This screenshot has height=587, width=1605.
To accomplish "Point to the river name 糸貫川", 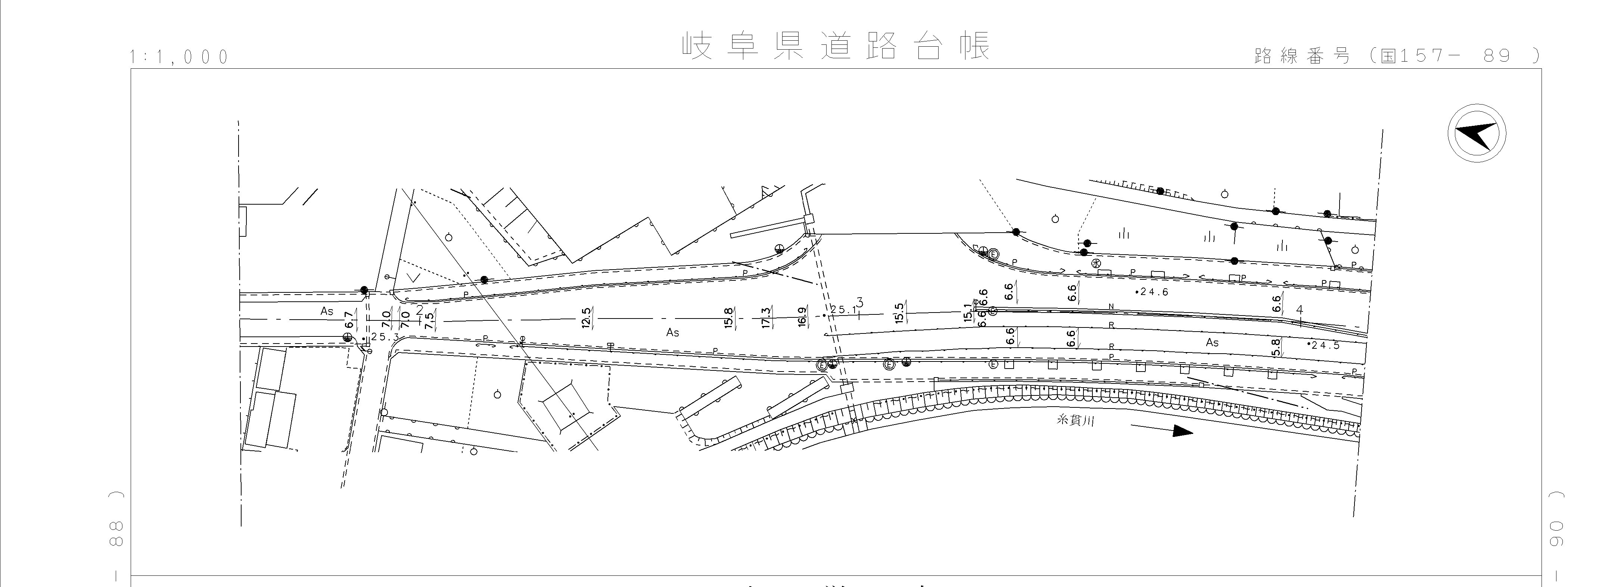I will point(1075,421).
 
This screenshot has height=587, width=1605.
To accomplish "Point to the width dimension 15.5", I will point(899,313).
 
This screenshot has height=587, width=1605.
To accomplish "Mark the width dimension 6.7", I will point(349,321).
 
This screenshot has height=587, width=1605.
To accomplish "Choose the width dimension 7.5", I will point(429,320).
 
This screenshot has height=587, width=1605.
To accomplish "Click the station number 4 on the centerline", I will point(1299,310).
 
